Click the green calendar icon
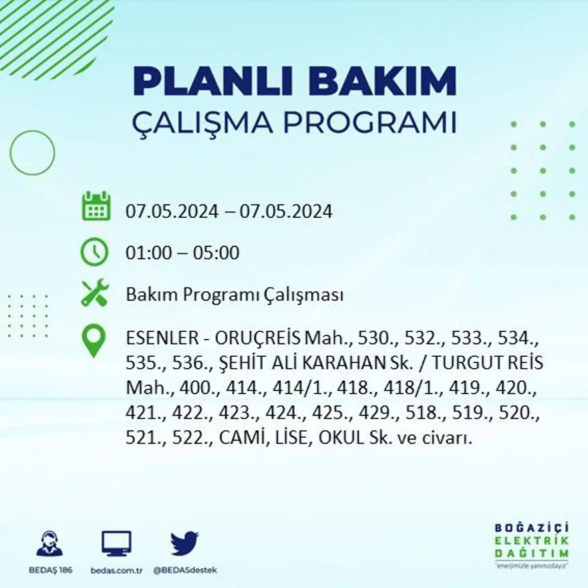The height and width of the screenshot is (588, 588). point(96,206)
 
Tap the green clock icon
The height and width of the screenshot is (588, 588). point(94,252)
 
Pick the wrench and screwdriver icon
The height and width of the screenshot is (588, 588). point(94,294)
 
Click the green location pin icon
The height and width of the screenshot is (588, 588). point(94,340)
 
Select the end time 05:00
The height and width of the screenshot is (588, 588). point(216,253)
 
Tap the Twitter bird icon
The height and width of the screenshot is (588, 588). point(184,543)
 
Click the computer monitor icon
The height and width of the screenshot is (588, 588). point(116,544)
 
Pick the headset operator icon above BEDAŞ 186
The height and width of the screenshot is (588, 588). point(49,544)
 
